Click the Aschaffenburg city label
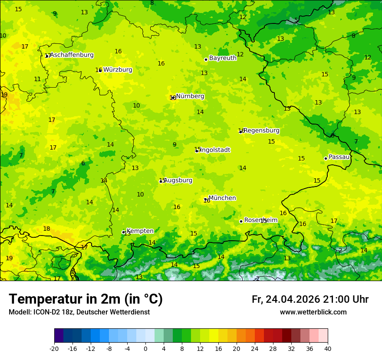point(72,55)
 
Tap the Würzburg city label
point(118,70)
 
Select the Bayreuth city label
point(223,58)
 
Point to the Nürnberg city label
point(190,96)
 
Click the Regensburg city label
point(261,131)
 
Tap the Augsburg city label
point(178,180)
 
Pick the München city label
point(222,198)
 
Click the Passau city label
point(339,157)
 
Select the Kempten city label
point(140,231)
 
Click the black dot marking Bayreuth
point(206,60)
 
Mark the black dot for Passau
point(326,158)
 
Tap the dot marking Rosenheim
point(241,221)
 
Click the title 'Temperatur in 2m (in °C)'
point(86,299)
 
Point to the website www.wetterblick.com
point(313,312)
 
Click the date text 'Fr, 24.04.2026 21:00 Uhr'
point(310,300)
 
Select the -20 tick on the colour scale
point(54,348)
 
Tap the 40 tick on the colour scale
point(327,348)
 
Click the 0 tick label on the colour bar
point(145,348)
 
